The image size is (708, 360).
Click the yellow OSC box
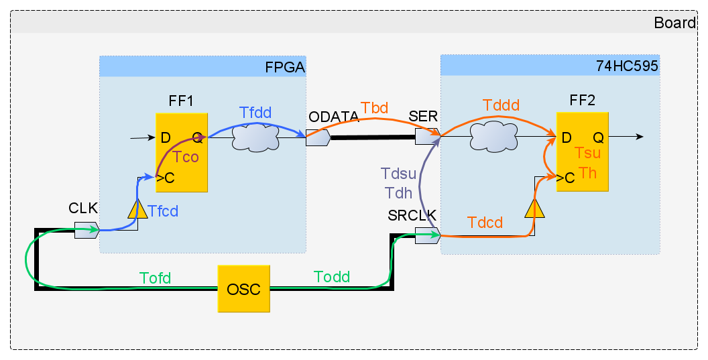[x=243, y=288]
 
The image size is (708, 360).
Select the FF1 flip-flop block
[x=182, y=152]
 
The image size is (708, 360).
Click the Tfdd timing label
[x=255, y=113]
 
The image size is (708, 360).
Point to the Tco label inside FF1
[x=186, y=158]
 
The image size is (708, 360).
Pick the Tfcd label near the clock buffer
[x=164, y=211]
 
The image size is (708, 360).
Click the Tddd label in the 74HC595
[x=500, y=106]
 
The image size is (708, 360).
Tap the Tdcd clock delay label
[x=485, y=223]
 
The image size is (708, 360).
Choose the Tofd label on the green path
[x=155, y=277]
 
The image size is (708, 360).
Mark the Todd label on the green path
[x=331, y=277]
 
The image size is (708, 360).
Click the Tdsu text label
[x=398, y=174]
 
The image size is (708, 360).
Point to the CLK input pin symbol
[x=86, y=230]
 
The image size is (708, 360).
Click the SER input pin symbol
[x=426, y=137]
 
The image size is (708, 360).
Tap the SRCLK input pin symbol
[x=427, y=235]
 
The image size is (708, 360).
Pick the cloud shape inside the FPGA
[x=255, y=138]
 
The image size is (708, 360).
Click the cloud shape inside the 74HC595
[x=491, y=137]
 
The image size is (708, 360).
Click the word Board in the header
[x=674, y=23]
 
